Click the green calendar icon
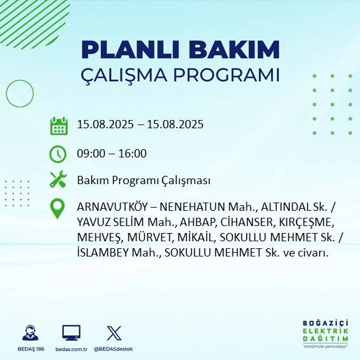[58, 125]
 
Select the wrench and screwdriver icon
[58, 180]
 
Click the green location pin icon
[58, 209]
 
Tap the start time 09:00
[90, 153]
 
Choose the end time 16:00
[133, 153]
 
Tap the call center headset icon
[30, 333]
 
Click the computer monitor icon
[71, 333]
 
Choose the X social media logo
[114, 333]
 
